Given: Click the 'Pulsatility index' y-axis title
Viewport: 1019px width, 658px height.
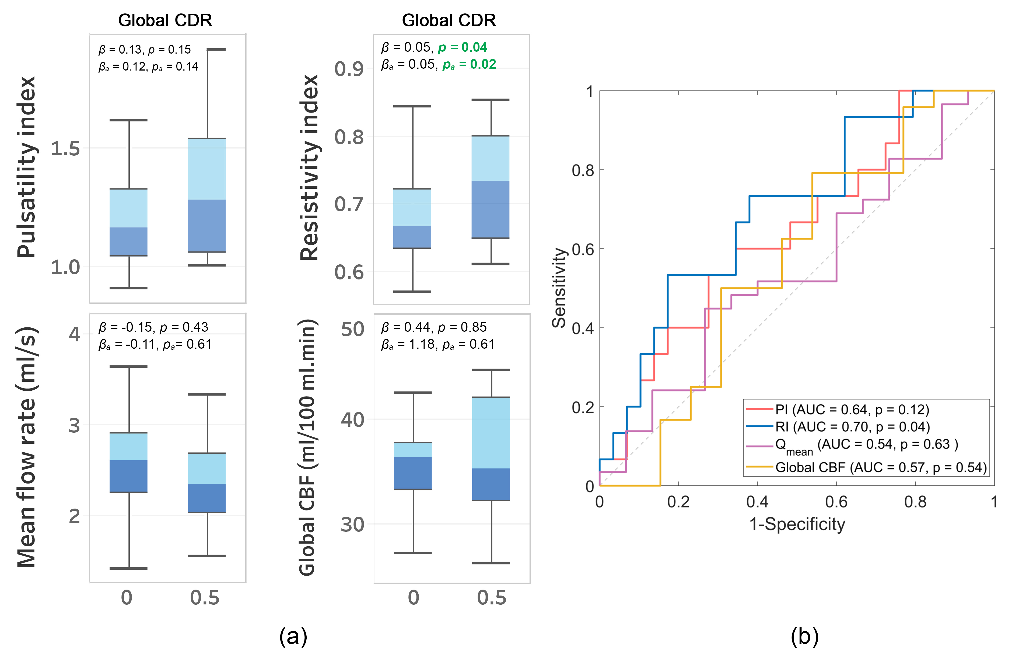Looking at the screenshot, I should click(26, 167).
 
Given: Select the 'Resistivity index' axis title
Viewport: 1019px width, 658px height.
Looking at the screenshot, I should click(309, 167).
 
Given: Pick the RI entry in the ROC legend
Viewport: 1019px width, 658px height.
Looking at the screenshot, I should click(852, 427).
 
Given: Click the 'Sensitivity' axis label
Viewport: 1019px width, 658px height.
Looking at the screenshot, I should click(559, 288).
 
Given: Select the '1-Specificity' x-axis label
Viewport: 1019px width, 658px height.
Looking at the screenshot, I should click(797, 524).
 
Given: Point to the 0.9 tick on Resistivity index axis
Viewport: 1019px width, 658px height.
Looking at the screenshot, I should click(349, 69).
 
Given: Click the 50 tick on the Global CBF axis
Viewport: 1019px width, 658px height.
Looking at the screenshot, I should click(352, 330).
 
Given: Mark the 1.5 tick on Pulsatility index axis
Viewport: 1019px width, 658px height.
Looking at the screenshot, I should click(65, 148).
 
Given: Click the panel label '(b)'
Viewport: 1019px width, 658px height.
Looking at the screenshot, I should click(804, 637).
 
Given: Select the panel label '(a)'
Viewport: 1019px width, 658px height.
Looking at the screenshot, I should click(293, 637).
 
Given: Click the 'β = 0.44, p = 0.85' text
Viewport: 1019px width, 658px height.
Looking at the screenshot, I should click(434, 327).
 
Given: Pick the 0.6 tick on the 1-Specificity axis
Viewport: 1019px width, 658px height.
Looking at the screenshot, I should click(836, 502).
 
